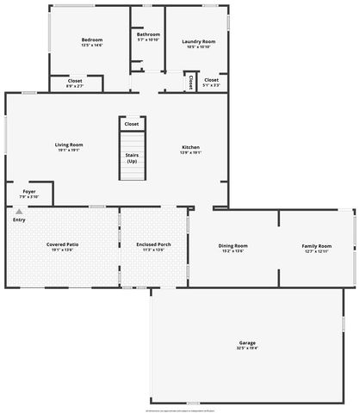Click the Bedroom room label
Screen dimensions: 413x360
(92, 40)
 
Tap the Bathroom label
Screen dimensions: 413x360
(148, 34)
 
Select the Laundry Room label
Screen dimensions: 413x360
(198, 41)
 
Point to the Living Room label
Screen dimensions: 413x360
(68, 145)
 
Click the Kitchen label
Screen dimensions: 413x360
(190, 146)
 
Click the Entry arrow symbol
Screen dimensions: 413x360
(18, 212)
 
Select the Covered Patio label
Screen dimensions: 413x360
(63, 244)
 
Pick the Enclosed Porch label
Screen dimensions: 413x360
(153, 244)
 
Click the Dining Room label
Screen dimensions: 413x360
(233, 246)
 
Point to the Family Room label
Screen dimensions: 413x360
(316, 246)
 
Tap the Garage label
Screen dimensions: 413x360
(247, 343)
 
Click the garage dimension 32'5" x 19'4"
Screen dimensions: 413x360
(247, 348)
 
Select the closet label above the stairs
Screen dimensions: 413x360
(132, 124)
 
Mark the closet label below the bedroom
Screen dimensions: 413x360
(75, 81)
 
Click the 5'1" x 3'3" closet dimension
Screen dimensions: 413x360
(211, 85)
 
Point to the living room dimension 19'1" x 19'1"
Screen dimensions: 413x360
(68, 150)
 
